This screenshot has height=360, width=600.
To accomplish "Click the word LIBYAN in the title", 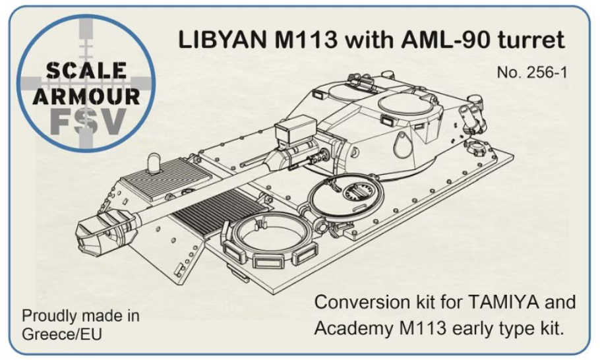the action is (x=223, y=40).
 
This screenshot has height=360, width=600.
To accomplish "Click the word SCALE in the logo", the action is (x=86, y=71).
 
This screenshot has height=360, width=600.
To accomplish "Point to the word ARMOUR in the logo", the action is (x=86, y=96).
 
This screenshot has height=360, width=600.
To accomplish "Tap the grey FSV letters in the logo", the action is (x=88, y=122).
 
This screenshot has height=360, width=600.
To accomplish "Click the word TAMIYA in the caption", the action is (x=503, y=302).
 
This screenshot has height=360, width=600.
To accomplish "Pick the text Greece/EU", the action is (x=62, y=334).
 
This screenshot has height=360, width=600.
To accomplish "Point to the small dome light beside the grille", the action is (x=154, y=164).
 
